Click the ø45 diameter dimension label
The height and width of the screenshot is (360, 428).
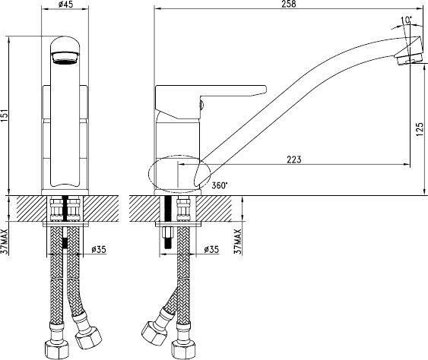point(66,4)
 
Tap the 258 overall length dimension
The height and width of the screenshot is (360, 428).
point(290,4)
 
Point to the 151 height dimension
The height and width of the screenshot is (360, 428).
point(5,116)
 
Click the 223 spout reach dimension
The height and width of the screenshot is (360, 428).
point(294,159)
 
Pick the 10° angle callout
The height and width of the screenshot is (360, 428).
point(407,20)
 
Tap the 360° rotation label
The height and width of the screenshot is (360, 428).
point(219,185)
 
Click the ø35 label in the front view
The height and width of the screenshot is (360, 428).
point(99,249)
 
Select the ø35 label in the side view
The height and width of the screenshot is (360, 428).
point(211,249)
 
